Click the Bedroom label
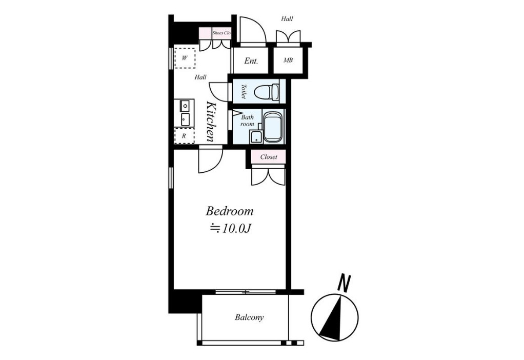point(229,211)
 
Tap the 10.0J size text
point(230,229)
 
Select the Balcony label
point(249,317)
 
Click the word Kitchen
point(211,121)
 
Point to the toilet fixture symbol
point(267,91)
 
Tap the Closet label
point(269,157)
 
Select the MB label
point(288,60)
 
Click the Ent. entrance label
point(251,61)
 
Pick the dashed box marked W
point(185,57)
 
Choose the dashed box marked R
point(184,136)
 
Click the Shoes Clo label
point(221,33)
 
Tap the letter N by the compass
point(344,283)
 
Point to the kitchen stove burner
point(185,106)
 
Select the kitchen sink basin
point(185,119)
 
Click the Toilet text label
point(244,91)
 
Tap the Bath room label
point(247,121)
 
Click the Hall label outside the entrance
point(287,19)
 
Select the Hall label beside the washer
point(200,77)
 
